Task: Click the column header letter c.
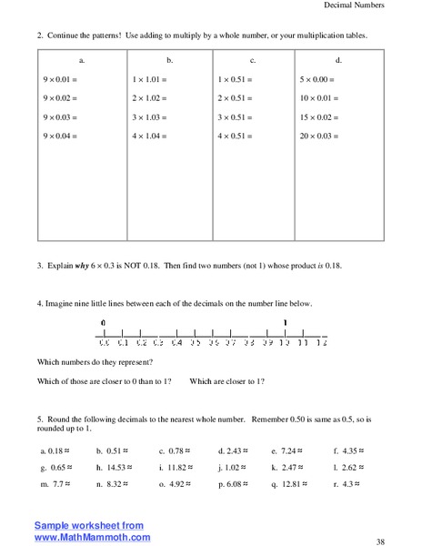(252, 59)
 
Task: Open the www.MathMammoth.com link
(92, 538)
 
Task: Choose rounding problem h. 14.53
(116, 467)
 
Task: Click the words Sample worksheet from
(89, 526)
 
